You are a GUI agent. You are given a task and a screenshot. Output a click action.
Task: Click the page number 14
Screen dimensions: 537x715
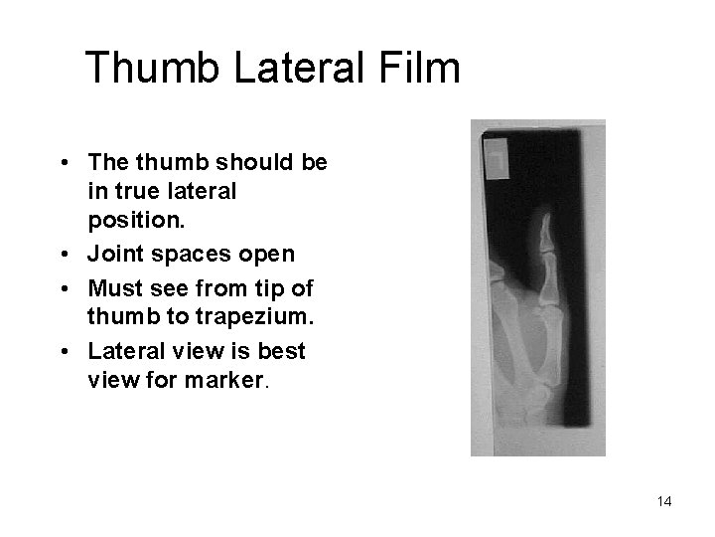pos(663,501)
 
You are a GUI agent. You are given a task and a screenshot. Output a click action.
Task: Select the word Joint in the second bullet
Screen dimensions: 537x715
pos(116,254)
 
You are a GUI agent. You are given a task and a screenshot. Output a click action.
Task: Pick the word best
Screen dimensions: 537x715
pos(283,350)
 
